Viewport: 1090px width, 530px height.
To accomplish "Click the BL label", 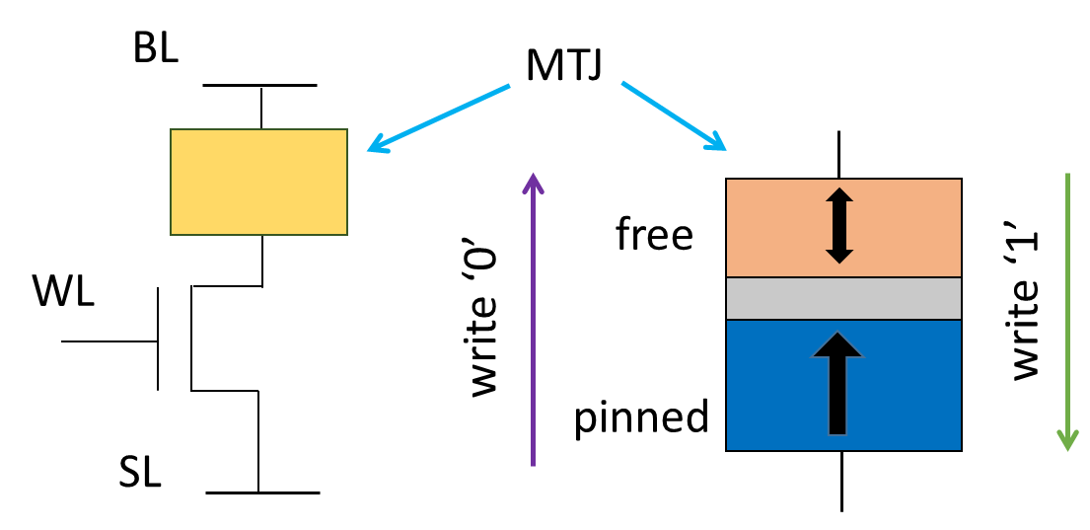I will (156, 48).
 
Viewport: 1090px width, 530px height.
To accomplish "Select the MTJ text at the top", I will (564, 67).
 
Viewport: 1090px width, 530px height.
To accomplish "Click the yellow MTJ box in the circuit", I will (258, 182).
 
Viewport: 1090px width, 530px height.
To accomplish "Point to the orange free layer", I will (908, 227).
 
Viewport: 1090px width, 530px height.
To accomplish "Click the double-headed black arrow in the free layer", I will (838, 227).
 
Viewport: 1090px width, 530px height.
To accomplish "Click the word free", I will (654, 235).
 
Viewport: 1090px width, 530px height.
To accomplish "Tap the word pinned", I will (641, 417).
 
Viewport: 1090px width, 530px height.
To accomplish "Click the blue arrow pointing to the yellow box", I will (439, 118).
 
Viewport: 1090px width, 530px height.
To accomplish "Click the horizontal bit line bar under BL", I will (260, 86).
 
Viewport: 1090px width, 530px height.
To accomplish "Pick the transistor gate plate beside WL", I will (158, 339).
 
